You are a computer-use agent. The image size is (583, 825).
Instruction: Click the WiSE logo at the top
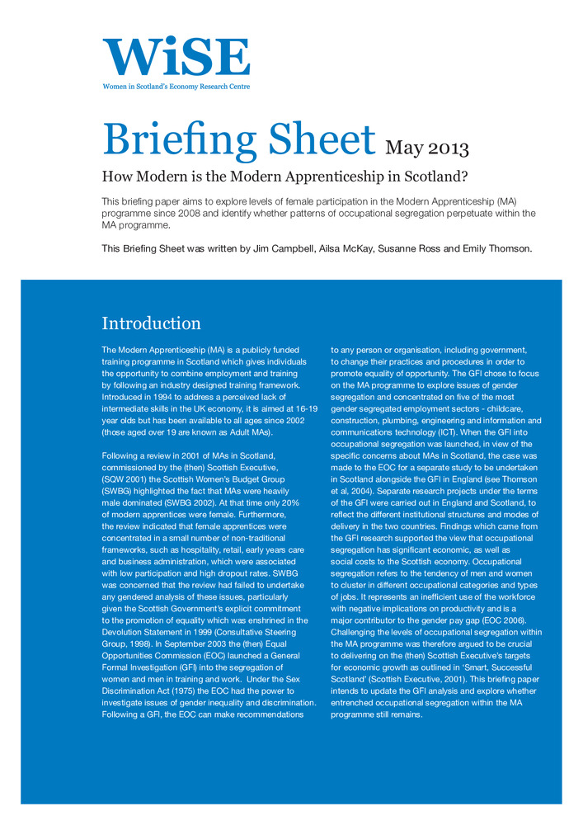[x=176, y=56]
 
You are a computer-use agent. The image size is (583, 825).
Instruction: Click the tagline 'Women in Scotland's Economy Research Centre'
[x=176, y=87]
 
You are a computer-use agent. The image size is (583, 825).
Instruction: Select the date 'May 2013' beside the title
[x=427, y=149]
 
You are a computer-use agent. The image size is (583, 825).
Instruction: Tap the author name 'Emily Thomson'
[x=501, y=249]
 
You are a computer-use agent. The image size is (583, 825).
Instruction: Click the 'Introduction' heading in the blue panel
[x=151, y=323]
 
